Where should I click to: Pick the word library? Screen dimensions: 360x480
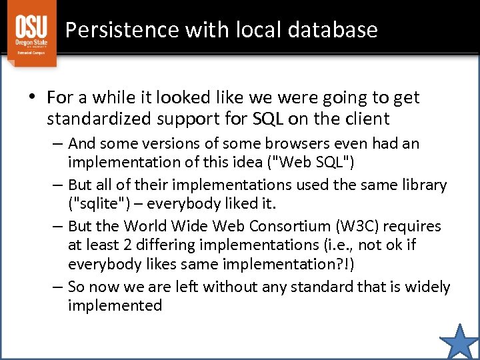tap(423, 185)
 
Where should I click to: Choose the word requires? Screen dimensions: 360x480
tap(413, 226)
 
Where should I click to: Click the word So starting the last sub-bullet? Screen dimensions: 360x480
tap(77, 287)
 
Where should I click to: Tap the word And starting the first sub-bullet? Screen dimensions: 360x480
tap(81, 143)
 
